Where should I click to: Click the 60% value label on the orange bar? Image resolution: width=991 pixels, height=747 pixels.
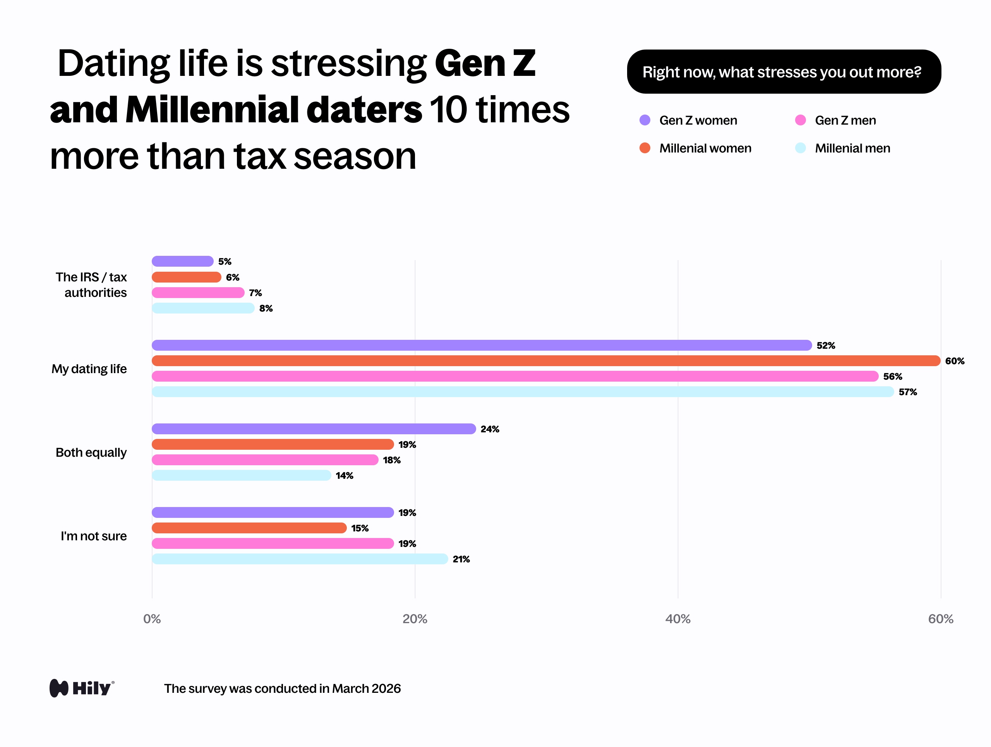coord(954,361)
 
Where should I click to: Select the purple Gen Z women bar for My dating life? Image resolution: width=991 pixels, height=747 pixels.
coord(482,345)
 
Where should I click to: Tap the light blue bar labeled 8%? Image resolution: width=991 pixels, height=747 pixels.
coord(203,308)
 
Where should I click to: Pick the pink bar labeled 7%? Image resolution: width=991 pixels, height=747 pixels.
coord(198,293)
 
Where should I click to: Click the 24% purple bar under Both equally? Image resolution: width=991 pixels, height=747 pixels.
coord(314,429)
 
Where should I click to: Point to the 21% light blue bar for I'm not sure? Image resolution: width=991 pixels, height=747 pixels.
coord(300,559)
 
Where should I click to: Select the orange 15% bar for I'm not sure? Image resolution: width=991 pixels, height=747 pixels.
coord(249,528)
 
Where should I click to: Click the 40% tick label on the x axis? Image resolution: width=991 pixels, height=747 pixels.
coord(677,619)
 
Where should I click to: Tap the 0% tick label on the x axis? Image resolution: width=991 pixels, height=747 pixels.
coord(152,619)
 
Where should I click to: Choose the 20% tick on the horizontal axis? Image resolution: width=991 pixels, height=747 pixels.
coord(415,619)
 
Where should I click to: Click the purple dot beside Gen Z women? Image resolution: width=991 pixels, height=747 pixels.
coord(645,120)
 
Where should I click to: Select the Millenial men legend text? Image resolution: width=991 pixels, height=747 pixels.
coord(852,148)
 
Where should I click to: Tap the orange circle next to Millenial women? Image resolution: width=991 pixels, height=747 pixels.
coord(645,148)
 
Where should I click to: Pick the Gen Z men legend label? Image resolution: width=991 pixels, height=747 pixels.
coord(845,120)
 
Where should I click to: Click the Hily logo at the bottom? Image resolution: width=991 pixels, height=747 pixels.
coord(82,688)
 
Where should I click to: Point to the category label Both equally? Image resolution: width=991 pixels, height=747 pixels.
coord(91,452)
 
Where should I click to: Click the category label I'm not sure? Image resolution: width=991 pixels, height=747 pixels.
coord(94,536)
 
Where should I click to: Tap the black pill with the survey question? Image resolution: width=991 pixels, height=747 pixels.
coord(784,72)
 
